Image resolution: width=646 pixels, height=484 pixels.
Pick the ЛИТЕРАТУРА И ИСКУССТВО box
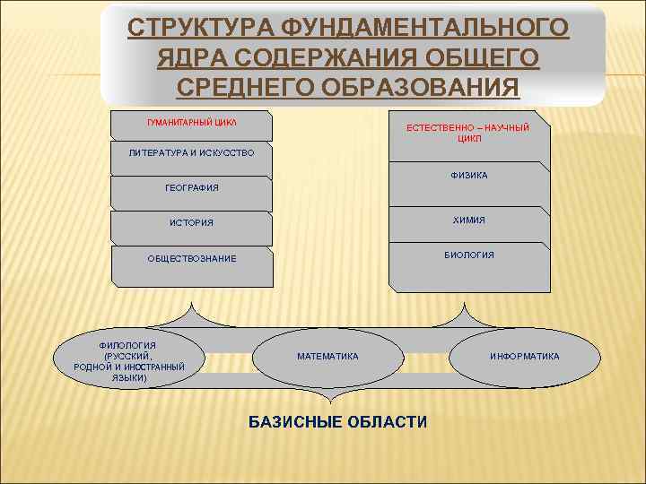click(x=191, y=153)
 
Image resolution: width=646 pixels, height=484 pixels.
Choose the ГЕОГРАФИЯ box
click(x=191, y=188)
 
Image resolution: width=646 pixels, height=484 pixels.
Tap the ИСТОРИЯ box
click(x=191, y=222)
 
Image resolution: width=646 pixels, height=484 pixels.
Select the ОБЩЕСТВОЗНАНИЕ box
click(x=191, y=259)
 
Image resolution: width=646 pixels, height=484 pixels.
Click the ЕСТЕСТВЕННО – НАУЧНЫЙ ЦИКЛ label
click(x=467, y=134)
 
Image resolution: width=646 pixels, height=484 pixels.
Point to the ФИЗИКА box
click(x=469, y=176)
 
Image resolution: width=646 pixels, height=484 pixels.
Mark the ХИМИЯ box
click(x=469, y=220)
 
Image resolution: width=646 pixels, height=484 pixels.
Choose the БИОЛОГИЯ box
click(x=469, y=255)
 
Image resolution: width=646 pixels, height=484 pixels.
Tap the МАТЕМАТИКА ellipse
click(x=327, y=357)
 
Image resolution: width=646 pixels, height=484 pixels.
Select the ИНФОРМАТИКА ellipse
click(x=524, y=357)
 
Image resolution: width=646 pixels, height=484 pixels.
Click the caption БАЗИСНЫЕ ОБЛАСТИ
click(x=337, y=422)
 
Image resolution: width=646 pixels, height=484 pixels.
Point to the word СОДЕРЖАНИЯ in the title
click(x=344, y=58)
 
